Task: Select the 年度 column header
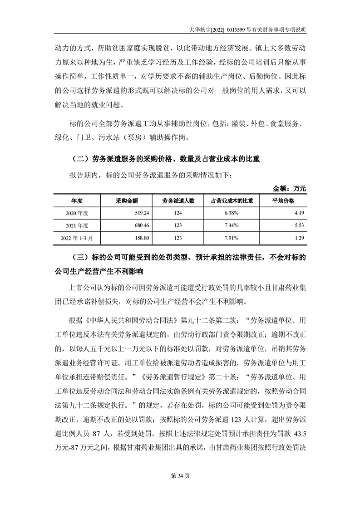click(76, 201)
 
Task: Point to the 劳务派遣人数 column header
click(178, 201)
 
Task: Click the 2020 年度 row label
click(77, 213)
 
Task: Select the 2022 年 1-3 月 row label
click(77, 237)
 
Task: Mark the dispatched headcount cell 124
click(178, 213)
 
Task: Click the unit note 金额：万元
click(290, 188)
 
